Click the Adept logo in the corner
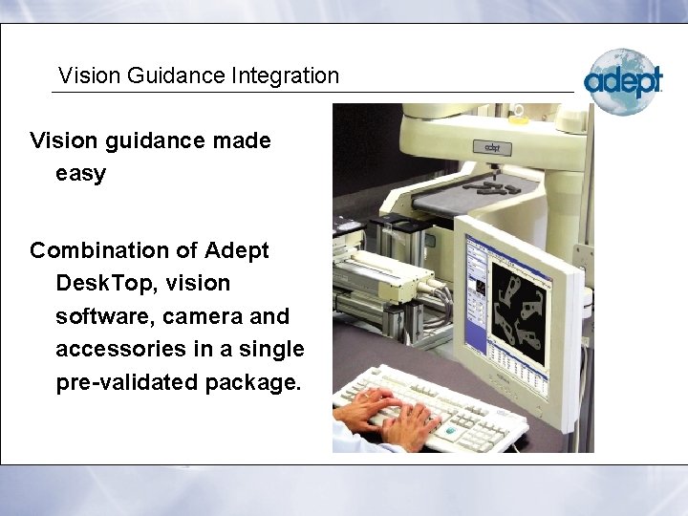623,81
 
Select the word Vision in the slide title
84,75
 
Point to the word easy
80,175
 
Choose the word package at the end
252,382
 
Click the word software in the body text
97,316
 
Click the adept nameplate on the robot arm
491,148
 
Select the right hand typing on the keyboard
411,420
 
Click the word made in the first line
243,141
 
